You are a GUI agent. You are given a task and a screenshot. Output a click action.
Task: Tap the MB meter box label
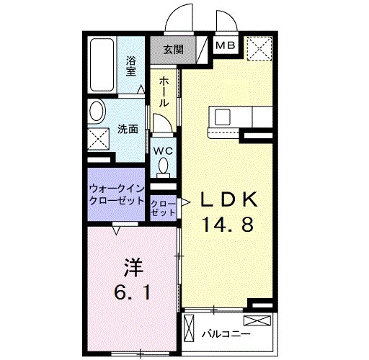click(x=226, y=46)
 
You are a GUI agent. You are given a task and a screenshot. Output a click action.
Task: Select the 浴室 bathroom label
click(x=132, y=66)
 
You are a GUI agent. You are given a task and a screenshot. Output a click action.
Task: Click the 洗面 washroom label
click(x=128, y=130)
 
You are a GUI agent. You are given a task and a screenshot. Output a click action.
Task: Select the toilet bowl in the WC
click(x=163, y=168)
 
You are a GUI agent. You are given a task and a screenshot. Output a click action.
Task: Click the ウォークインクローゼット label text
click(x=117, y=195)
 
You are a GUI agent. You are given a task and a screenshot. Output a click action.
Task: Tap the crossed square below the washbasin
click(x=97, y=140)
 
